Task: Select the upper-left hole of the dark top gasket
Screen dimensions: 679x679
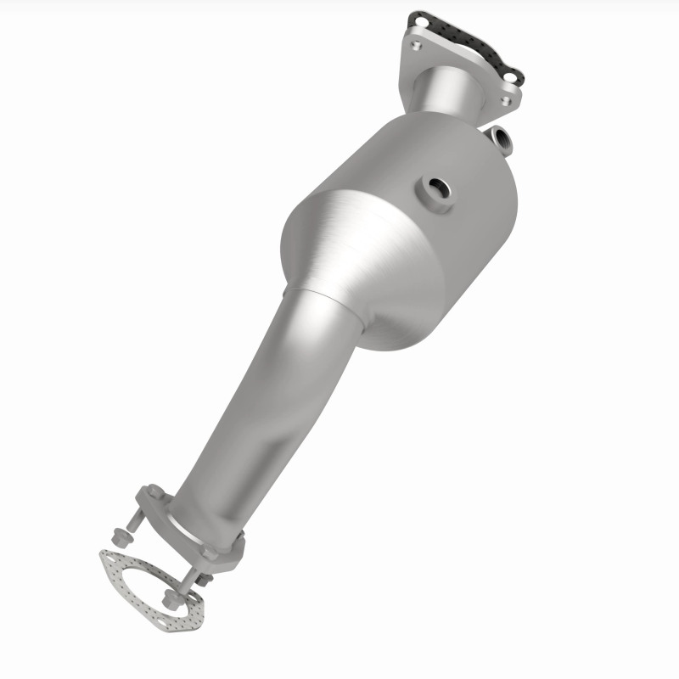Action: [417, 19]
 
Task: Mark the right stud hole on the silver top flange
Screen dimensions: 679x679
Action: [506, 100]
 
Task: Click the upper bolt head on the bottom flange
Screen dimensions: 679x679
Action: [154, 492]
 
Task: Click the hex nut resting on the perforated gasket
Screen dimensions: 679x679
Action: [170, 603]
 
